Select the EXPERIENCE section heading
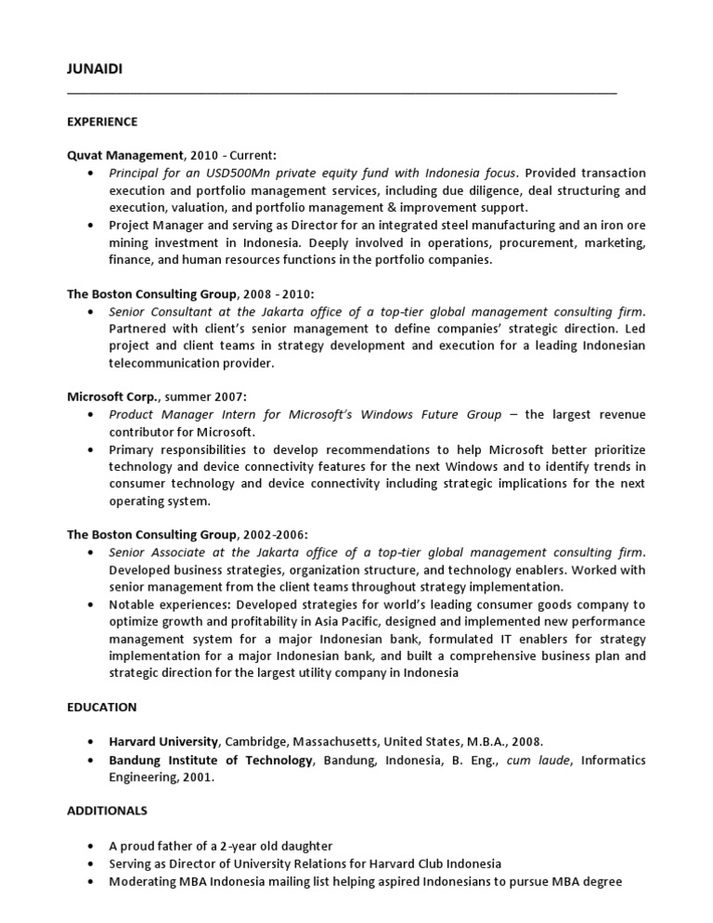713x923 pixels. (102, 122)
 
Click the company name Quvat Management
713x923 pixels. (125, 156)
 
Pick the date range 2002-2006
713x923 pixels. (274, 534)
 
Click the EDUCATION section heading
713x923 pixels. (101, 707)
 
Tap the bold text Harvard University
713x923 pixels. (163, 741)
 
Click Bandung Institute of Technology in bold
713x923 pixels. (211, 760)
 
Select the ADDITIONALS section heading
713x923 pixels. (107, 811)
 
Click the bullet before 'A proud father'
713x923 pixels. (89, 846)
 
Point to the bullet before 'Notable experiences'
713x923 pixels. (89, 604)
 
